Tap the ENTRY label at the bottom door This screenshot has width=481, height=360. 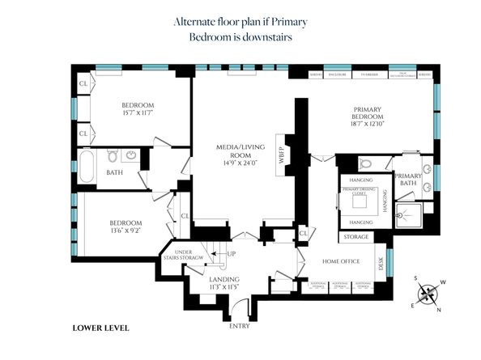(x=240, y=326)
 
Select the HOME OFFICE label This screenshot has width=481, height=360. (x=340, y=260)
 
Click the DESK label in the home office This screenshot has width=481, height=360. (x=381, y=263)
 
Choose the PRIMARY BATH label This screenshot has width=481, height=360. (x=408, y=180)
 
